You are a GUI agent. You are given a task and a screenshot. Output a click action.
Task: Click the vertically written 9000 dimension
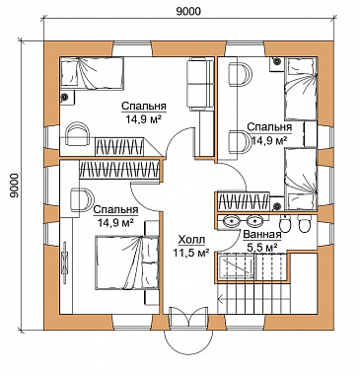14,186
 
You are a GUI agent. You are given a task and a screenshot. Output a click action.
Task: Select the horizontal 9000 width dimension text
188,11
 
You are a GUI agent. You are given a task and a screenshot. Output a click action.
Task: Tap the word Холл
191,240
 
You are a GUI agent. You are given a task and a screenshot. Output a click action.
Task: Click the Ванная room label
262,235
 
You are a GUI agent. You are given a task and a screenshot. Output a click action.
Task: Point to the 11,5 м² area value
191,253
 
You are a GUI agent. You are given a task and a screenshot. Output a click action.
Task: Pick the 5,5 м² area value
261,247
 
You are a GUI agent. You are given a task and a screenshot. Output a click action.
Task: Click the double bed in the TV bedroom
127,262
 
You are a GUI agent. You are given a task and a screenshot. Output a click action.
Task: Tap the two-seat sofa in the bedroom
200,84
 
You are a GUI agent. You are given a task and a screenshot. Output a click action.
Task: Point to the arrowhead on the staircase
221,300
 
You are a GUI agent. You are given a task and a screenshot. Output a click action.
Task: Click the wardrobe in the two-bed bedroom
244,201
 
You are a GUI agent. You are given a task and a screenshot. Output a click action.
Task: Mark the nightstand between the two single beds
311,133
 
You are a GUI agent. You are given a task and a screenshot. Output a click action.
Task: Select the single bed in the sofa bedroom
92,73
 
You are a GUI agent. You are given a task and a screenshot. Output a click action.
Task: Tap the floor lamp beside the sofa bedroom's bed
65,97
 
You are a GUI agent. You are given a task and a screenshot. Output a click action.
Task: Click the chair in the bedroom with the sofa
78,133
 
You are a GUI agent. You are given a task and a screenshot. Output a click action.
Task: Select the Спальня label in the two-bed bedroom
269,127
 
